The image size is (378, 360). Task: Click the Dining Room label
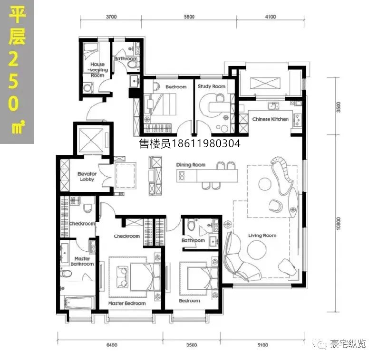click(191, 165)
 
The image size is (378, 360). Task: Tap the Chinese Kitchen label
click(270, 119)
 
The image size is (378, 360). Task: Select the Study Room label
click(212, 86)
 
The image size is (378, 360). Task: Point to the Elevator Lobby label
click(87, 177)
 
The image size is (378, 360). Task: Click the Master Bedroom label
click(127, 303)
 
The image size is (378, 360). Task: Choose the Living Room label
click(262, 236)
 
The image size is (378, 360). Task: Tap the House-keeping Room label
click(97, 70)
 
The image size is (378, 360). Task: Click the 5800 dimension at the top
click(189, 17)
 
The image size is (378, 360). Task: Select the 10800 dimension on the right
click(338, 224)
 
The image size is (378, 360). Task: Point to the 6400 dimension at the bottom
click(112, 345)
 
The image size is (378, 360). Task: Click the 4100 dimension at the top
click(270, 17)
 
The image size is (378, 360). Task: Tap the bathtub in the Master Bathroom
click(79, 303)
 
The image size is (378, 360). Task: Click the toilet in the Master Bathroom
click(66, 274)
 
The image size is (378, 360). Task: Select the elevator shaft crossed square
click(91, 141)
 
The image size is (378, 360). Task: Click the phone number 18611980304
click(205, 144)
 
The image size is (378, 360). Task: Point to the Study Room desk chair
click(219, 97)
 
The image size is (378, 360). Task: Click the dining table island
click(207, 176)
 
